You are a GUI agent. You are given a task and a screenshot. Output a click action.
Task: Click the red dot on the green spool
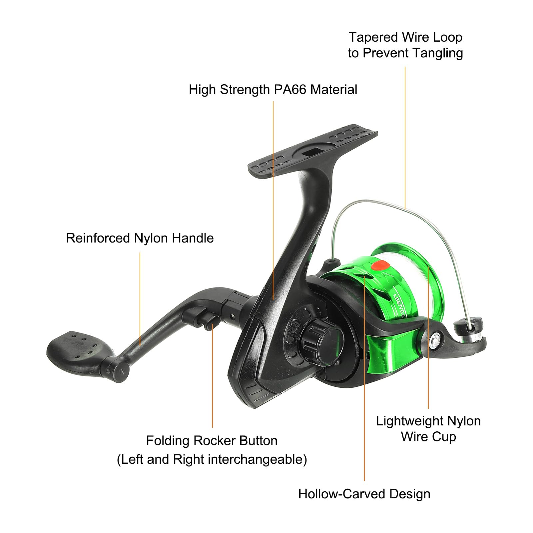pos(380,266)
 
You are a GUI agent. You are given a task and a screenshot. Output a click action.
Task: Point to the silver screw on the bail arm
pos(435,341)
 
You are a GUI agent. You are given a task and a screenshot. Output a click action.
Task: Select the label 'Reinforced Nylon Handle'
pos(140,238)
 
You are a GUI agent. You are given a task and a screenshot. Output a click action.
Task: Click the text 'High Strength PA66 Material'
pos(273,90)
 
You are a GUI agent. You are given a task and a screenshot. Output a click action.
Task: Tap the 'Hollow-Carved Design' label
pos(364,494)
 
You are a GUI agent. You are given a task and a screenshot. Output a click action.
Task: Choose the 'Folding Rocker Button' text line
pos(212,441)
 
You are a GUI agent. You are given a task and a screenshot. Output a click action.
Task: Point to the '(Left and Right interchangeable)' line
pos(212,459)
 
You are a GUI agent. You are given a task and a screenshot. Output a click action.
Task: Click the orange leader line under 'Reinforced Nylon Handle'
pos(140,298)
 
